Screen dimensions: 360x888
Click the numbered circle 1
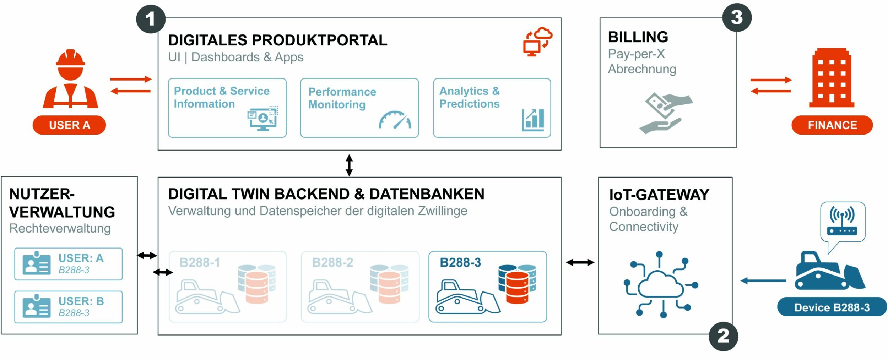(x=151, y=19)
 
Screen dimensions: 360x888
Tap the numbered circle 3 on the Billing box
(x=737, y=17)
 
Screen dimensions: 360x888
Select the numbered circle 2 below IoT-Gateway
(x=723, y=336)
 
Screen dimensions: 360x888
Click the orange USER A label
(x=69, y=125)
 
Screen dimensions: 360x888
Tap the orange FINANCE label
(x=832, y=125)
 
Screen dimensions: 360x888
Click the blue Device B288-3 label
(x=832, y=307)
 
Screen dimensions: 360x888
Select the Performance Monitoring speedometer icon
(x=395, y=120)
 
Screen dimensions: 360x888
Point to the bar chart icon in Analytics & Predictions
(x=533, y=120)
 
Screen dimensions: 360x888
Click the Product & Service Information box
(x=227, y=108)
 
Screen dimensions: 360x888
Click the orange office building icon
(x=832, y=78)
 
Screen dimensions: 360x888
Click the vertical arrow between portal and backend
(x=349, y=165)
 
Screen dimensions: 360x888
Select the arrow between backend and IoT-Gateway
(x=580, y=262)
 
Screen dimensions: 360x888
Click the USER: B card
(x=69, y=307)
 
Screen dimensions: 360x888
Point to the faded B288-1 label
(x=200, y=262)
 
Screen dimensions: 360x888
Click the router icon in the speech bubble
(x=842, y=222)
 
